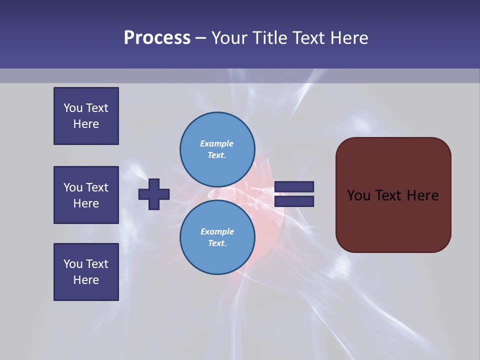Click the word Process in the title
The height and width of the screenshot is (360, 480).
tap(157, 38)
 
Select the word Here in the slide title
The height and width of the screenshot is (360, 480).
tap(349, 38)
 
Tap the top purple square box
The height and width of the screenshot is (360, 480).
tap(86, 116)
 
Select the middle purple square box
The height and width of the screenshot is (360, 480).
tap(86, 195)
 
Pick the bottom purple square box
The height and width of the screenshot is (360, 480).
tap(86, 272)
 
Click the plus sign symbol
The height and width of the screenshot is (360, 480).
tap(154, 194)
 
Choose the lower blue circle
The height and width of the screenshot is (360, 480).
tap(217, 237)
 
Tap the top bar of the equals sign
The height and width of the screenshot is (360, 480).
tap(294, 186)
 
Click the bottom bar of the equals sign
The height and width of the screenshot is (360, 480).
tap(294, 201)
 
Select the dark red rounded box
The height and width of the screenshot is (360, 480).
tap(393, 220)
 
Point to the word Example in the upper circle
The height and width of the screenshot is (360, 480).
tap(216, 143)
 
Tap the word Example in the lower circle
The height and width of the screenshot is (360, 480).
tap(217, 231)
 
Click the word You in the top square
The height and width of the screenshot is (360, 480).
tap(73, 108)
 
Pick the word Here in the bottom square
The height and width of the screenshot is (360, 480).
tap(86, 280)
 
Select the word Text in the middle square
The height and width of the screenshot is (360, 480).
tap(96, 187)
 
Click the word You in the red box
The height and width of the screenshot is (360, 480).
tap(358, 195)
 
